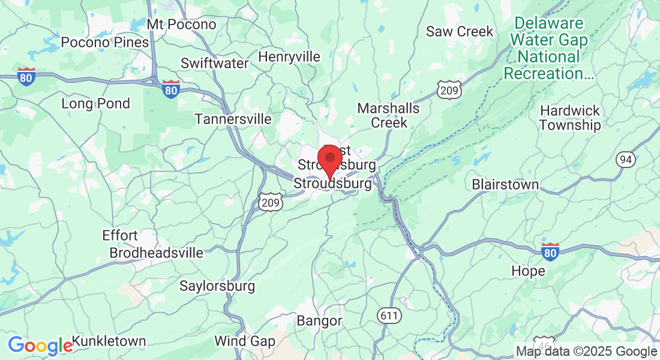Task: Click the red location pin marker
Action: pyautogui.click(x=329, y=159)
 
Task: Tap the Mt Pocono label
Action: pyautogui.click(x=181, y=25)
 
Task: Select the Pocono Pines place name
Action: pyautogui.click(x=105, y=43)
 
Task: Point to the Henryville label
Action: pyautogui.click(x=289, y=57)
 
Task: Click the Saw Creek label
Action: pyautogui.click(x=460, y=31)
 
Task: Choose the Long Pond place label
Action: pyautogui.click(x=95, y=104)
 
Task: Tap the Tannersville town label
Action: pyautogui.click(x=233, y=119)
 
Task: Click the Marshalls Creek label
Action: pyautogui.click(x=389, y=116)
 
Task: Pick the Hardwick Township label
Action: pyautogui.click(x=570, y=118)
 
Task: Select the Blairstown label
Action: pyautogui.click(x=505, y=184)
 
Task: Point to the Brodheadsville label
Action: pyautogui.click(x=156, y=253)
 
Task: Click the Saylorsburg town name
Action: pyautogui.click(x=217, y=286)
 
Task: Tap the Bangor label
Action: pyautogui.click(x=319, y=321)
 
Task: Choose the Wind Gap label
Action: pyautogui.click(x=245, y=341)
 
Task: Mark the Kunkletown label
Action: pyautogui.click(x=109, y=341)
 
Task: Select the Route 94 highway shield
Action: pyautogui.click(x=625, y=159)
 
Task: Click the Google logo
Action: pyautogui.click(x=40, y=346)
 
